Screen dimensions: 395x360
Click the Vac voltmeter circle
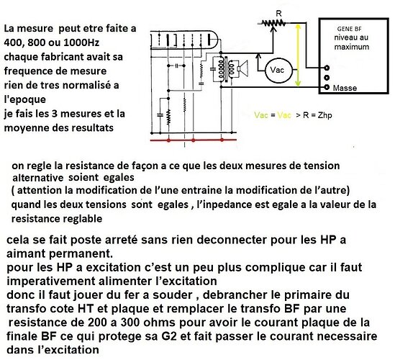point(276,70)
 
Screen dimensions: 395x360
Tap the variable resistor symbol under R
point(272,23)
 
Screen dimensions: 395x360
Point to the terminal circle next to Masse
point(327,87)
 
